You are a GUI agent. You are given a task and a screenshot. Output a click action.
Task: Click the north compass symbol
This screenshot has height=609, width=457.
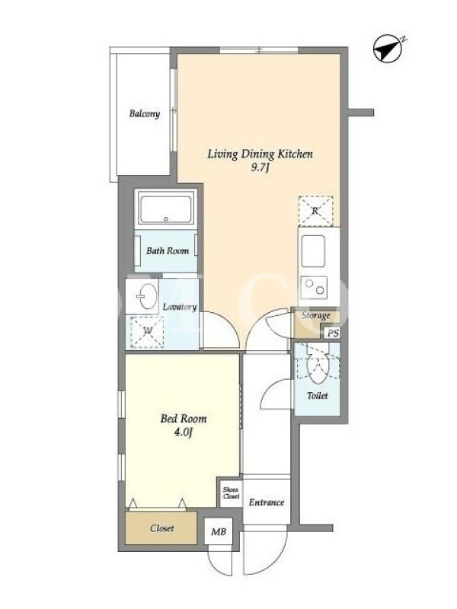(388, 49)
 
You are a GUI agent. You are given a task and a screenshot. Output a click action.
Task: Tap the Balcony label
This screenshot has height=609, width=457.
(145, 113)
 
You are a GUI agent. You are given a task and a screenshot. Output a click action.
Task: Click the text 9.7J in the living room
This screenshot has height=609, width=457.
(260, 168)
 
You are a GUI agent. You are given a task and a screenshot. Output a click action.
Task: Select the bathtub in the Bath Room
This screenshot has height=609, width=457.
(166, 209)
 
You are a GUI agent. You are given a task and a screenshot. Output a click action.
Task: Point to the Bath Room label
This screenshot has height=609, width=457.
(168, 251)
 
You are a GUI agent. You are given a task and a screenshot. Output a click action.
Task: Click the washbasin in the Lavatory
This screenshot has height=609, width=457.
(147, 296)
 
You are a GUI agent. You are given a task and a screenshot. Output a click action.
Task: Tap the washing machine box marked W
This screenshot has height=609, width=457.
(147, 332)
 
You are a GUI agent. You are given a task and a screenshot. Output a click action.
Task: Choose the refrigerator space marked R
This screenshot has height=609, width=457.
(315, 212)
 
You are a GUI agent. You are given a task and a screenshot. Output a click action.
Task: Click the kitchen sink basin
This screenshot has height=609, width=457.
(313, 251)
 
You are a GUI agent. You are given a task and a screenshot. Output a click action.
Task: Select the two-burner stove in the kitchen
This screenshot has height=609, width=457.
(314, 288)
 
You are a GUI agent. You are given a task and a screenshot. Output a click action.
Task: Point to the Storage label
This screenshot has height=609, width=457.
(316, 315)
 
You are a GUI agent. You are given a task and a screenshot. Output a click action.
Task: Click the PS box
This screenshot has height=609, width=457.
(333, 333)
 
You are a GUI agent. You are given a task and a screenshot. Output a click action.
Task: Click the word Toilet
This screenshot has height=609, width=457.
(318, 396)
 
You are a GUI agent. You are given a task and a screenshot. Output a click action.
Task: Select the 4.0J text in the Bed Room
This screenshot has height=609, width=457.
(183, 432)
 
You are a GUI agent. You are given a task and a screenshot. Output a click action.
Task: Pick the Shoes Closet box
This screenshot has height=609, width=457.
(232, 493)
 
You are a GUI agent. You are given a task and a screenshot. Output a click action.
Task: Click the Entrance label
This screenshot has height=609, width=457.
(267, 502)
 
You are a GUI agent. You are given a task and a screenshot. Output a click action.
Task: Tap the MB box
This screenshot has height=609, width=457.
(219, 531)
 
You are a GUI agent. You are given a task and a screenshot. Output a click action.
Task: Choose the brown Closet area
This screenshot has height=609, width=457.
(161, 528)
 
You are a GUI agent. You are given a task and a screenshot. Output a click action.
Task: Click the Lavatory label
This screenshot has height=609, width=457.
(180, 307)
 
